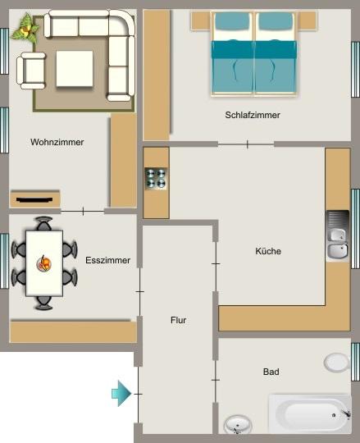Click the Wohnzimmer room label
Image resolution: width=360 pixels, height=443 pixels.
coord(57,142)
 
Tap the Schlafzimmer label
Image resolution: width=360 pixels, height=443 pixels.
coord(253,116)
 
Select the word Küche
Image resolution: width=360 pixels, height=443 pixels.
coord(268,252)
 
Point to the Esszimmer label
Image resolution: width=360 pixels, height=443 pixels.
coord(107,261)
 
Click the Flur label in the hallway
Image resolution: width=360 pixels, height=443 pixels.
coord(179,321)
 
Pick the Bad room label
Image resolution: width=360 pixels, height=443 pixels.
coord(271,372)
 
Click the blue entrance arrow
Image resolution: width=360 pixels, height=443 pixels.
coord(121,394)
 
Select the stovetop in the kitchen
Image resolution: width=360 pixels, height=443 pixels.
coord(156,179)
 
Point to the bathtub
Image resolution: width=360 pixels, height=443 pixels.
coord(310,414)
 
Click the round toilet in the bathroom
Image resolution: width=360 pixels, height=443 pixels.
coord(336,362)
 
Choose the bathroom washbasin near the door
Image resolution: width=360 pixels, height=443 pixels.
coord(237,426)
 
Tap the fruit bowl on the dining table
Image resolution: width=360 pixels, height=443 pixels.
coord(44,263)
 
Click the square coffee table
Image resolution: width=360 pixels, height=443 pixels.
coord(75,69)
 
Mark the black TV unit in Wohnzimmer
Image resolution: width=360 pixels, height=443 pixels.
coord(34,199)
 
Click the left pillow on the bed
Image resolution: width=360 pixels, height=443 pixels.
coord(234,25)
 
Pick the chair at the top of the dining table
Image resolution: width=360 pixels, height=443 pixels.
coord(44,224)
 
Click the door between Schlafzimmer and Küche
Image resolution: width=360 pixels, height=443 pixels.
coord(247,144)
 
